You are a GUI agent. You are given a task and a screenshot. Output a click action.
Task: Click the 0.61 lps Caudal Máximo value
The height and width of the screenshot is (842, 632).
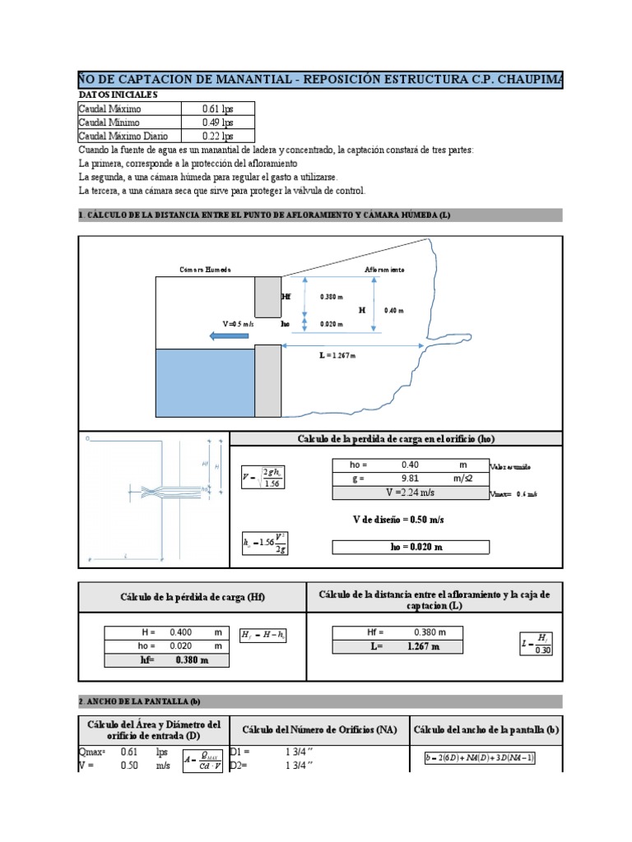coord(218,109)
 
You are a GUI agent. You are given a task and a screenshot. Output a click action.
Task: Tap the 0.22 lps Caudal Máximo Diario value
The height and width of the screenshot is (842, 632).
coord(218,136)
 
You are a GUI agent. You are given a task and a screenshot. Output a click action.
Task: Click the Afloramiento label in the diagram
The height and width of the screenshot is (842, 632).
coord(384,270)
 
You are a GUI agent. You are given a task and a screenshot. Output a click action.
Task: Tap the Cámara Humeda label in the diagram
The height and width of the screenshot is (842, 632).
coord(206,270)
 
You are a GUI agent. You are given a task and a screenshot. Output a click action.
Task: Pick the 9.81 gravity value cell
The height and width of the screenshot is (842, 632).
coord(410,479)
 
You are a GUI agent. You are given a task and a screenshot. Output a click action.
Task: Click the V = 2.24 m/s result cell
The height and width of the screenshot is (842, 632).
coord(410,493)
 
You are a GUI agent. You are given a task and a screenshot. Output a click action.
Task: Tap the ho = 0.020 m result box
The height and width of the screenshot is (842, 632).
coord(410,548)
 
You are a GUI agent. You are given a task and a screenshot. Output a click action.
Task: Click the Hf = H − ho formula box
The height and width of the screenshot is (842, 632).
coord(263,635)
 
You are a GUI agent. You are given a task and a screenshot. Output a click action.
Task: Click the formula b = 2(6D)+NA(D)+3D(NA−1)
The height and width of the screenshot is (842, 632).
coord(480,757)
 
